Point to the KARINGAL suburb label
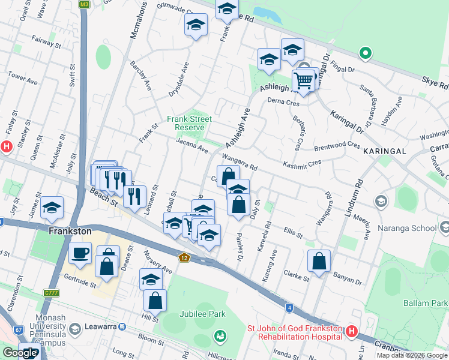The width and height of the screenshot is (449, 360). pos(385,151)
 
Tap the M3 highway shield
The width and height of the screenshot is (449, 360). pos(84,4)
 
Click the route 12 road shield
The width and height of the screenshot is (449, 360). pos(184,257)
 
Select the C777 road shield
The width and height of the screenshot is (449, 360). pos(52,293)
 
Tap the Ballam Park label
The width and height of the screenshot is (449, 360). pos(426,303)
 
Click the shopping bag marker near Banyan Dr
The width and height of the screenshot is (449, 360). pos(319,260)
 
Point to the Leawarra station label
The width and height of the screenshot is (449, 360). pos(99,327)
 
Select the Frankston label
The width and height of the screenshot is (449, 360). pos(70,230)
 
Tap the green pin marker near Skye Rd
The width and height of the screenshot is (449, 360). pos(365,54)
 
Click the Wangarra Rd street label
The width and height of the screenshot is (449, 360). pos(240,162)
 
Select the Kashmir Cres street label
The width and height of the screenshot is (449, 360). pos(303,163)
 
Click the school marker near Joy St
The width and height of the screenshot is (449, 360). pos(52,207)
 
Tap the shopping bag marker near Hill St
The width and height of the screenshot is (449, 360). pos(155,301)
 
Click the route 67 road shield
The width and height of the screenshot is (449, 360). pos(19,330)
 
